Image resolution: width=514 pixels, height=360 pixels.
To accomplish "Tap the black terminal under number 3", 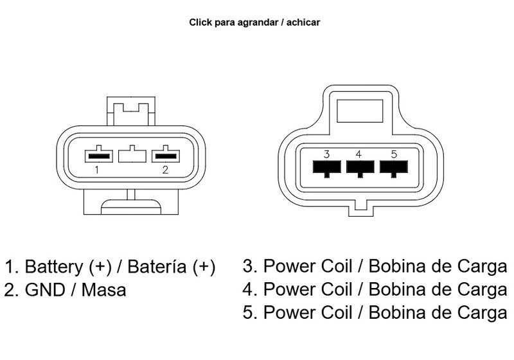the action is (326, 167).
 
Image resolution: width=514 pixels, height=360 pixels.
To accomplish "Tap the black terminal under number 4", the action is (360, 167).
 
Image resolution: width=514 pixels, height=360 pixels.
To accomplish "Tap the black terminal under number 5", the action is (394, 167).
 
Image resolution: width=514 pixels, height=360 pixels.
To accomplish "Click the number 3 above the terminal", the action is (326, 154).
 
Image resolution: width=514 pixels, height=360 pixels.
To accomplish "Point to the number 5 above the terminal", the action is (394, 154).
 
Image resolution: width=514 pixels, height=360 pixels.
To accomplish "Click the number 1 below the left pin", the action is (97, 170).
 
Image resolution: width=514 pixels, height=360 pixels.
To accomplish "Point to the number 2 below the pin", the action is (165, 170).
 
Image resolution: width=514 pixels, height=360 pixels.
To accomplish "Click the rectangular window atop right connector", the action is (360, 111).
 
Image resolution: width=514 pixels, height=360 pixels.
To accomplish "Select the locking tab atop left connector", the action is (131, 111).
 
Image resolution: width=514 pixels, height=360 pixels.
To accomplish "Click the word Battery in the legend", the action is (54, 267).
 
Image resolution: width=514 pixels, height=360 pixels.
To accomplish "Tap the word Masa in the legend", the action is (103, 290).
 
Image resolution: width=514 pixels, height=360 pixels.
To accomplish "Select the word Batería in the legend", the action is (157, 266).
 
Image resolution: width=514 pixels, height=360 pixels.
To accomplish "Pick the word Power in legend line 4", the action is (290, 289).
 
